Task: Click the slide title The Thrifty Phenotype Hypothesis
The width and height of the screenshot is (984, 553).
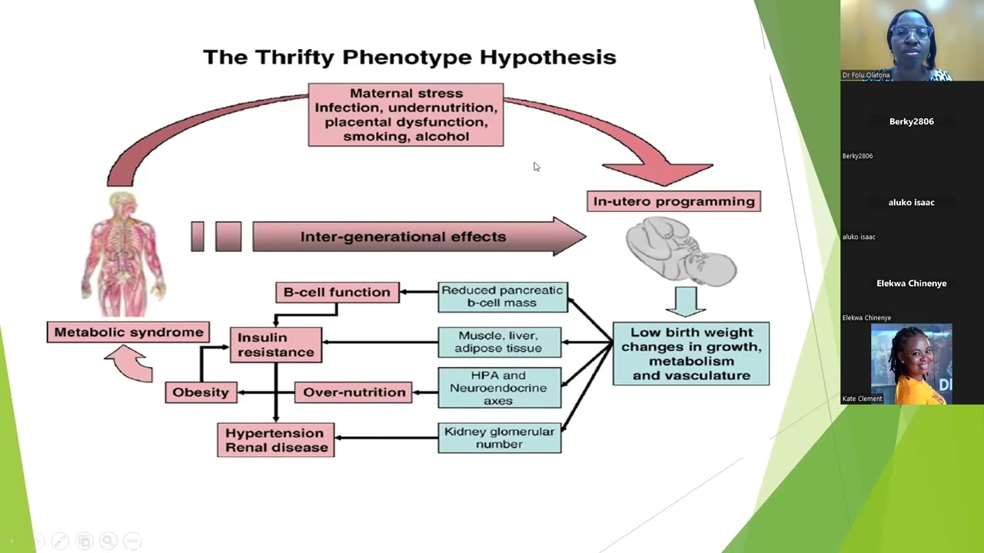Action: [x=409, y=58]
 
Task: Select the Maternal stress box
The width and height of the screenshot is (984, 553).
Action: [x=405, y=115]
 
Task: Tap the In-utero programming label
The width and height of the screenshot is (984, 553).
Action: [x=673, y=201]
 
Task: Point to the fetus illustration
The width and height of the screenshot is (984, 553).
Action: [x=681, y=250]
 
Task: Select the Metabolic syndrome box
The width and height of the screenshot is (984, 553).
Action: [x=128, y=333]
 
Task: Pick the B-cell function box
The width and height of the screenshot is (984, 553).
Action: [x=337, y=293]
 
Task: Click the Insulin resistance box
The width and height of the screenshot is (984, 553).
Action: [x=276, y=345]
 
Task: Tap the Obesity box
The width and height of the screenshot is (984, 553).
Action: [x=201, y=392]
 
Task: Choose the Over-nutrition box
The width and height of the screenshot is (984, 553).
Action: [x=354, y=392]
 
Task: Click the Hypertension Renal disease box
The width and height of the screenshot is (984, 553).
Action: [x=276, y=440]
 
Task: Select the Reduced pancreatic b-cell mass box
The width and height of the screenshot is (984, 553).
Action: [x=502, y=296]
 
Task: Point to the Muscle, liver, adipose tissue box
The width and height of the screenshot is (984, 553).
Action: [x=499, y=342]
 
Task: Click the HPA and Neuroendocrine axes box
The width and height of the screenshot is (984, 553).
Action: [x=499, y=388]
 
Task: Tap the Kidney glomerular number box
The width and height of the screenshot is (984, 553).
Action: [x=499, y=438]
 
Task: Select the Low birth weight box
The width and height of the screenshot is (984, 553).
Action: [x=690, y=354]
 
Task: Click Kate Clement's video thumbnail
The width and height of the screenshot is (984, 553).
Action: [x=911, y=363]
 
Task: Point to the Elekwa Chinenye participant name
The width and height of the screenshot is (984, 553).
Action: [x=911, y=283]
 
